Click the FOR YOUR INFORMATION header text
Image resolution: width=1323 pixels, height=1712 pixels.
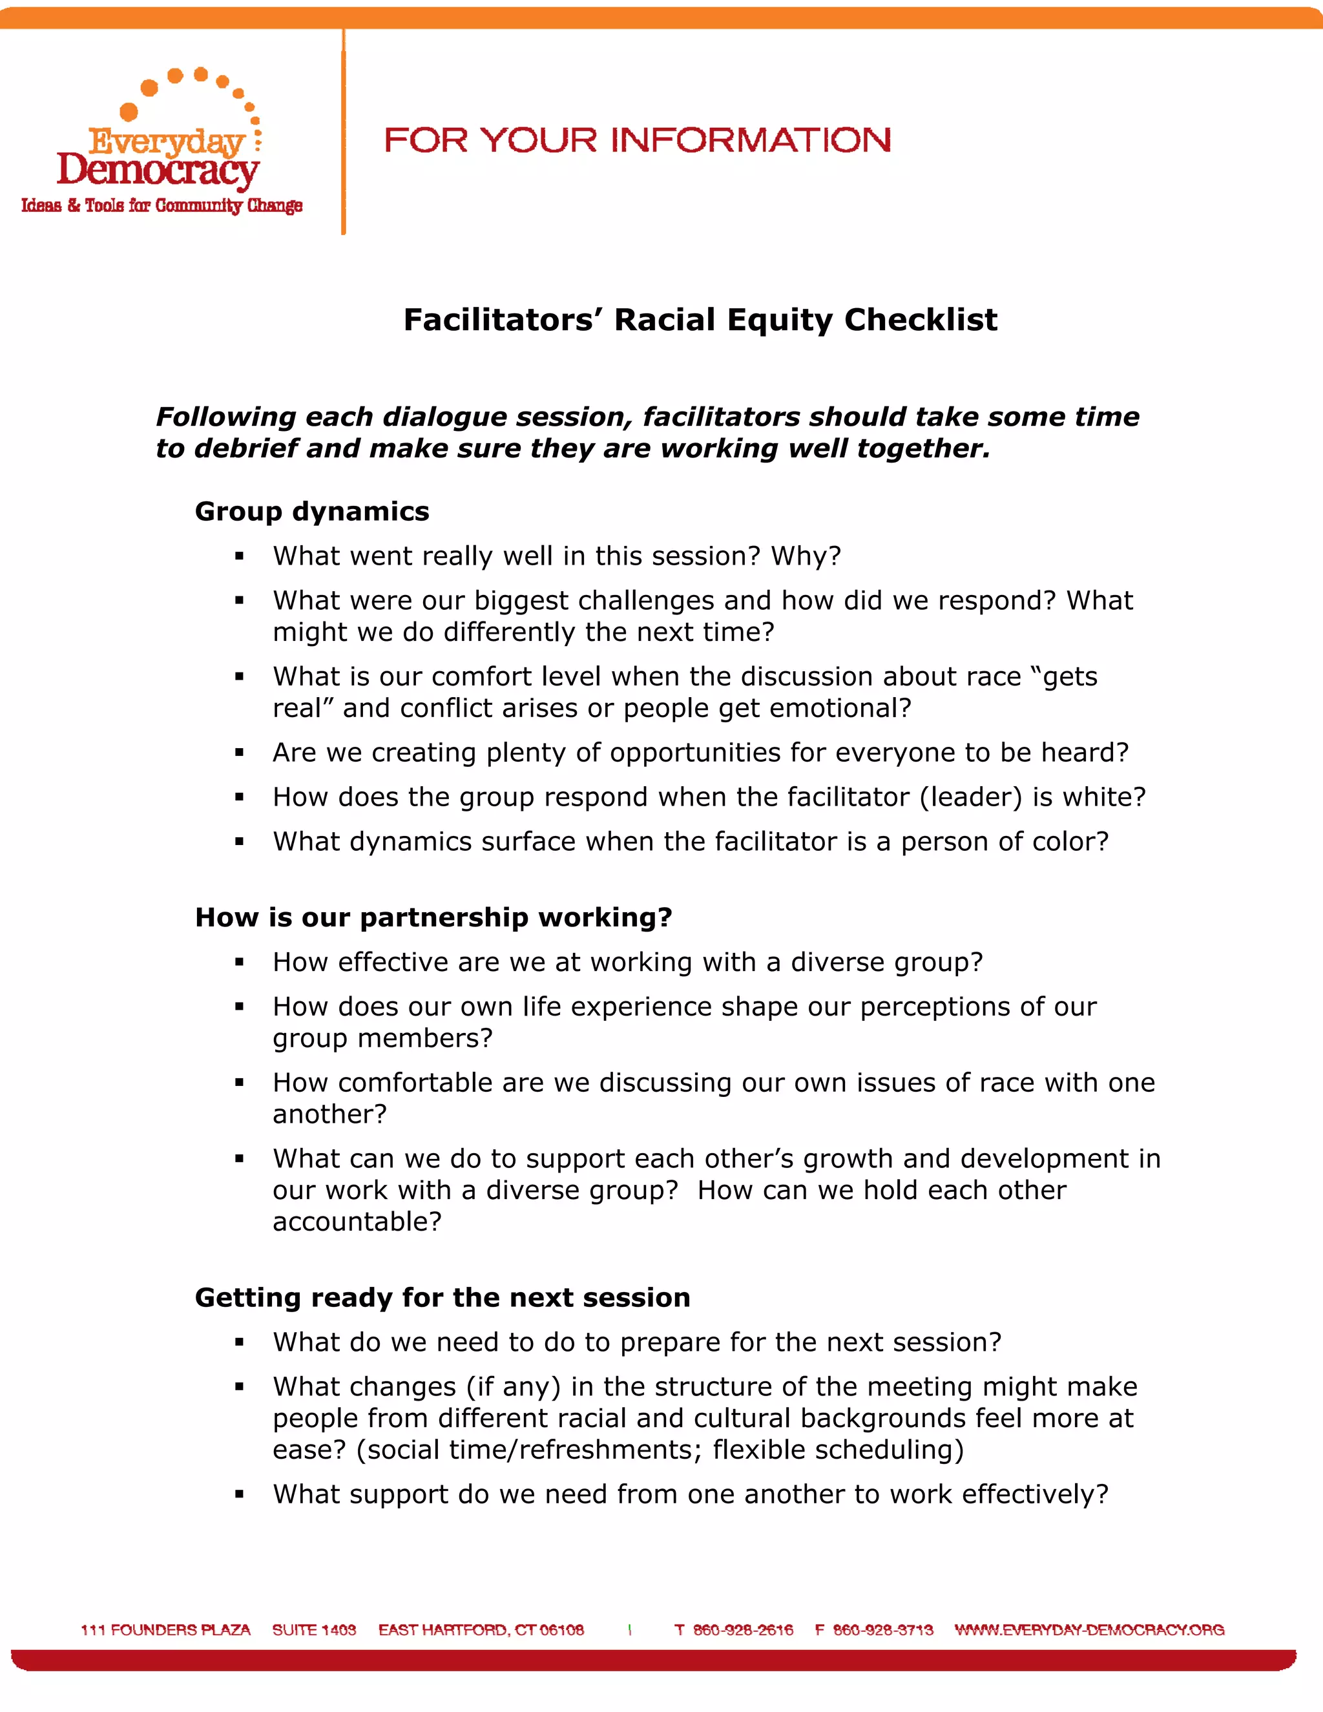[637, 141]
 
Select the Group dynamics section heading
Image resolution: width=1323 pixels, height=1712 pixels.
[312, 511]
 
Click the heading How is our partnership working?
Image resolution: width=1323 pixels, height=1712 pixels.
[433, 917]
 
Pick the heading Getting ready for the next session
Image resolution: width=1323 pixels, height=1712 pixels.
[442, 1297]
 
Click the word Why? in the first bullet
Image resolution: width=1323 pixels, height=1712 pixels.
[806, 556]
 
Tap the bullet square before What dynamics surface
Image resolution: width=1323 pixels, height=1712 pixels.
[239, 842]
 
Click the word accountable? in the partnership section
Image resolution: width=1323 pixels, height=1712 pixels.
[357, 1221]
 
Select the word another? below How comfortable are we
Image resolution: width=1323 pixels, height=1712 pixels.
[330, 1114]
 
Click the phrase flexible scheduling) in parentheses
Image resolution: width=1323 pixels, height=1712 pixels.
[839, 1450]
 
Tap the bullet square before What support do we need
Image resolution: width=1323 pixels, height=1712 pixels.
[239, 1495]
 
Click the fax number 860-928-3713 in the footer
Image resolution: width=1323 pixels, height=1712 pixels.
[882, 1630]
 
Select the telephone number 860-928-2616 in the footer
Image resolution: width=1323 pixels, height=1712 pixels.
[743, 1630]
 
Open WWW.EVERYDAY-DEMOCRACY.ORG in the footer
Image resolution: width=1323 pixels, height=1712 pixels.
[1089, 1630]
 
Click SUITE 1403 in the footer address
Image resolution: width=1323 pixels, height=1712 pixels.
[315, 1630]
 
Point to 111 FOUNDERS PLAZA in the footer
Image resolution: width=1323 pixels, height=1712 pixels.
[165, 1630]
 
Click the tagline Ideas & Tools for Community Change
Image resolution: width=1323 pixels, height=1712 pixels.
[161, 205]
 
